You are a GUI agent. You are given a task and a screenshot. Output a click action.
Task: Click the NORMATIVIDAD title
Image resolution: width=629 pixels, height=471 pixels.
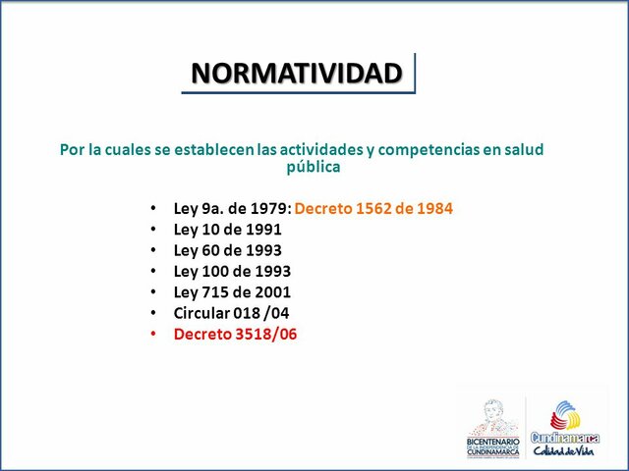click(x=297, y=74)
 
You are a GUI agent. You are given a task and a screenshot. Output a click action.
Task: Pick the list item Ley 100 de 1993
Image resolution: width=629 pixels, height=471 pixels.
click(x=232, y=271)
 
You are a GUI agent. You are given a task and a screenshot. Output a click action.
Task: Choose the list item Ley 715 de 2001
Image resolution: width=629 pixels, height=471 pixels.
click(x=232, y=291)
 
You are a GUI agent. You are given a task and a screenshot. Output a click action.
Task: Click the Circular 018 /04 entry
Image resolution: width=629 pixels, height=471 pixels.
click(x=231, y=313)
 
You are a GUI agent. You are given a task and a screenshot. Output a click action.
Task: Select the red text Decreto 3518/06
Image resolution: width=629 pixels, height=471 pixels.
click(x=235, y=334)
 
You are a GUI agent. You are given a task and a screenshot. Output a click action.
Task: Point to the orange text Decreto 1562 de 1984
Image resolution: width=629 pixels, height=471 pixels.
click(x=373, y=208)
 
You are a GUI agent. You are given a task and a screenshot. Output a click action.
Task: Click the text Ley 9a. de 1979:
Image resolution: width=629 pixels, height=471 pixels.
click(x=232, y=208)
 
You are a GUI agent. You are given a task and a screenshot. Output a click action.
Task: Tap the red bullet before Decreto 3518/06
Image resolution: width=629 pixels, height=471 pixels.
click(x=152, y=335)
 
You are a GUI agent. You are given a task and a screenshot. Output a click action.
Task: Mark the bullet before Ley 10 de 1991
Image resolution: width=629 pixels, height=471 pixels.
click(x=152, y=230)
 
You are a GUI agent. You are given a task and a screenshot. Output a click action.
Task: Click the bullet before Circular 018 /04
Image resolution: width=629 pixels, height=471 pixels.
click(x=152, y=313)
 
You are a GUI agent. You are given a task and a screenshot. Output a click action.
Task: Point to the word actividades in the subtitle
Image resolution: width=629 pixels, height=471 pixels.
click(x=317, y=149)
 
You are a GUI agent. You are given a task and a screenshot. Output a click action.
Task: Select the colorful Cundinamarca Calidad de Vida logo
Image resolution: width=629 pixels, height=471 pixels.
click(x=567, y=428)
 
